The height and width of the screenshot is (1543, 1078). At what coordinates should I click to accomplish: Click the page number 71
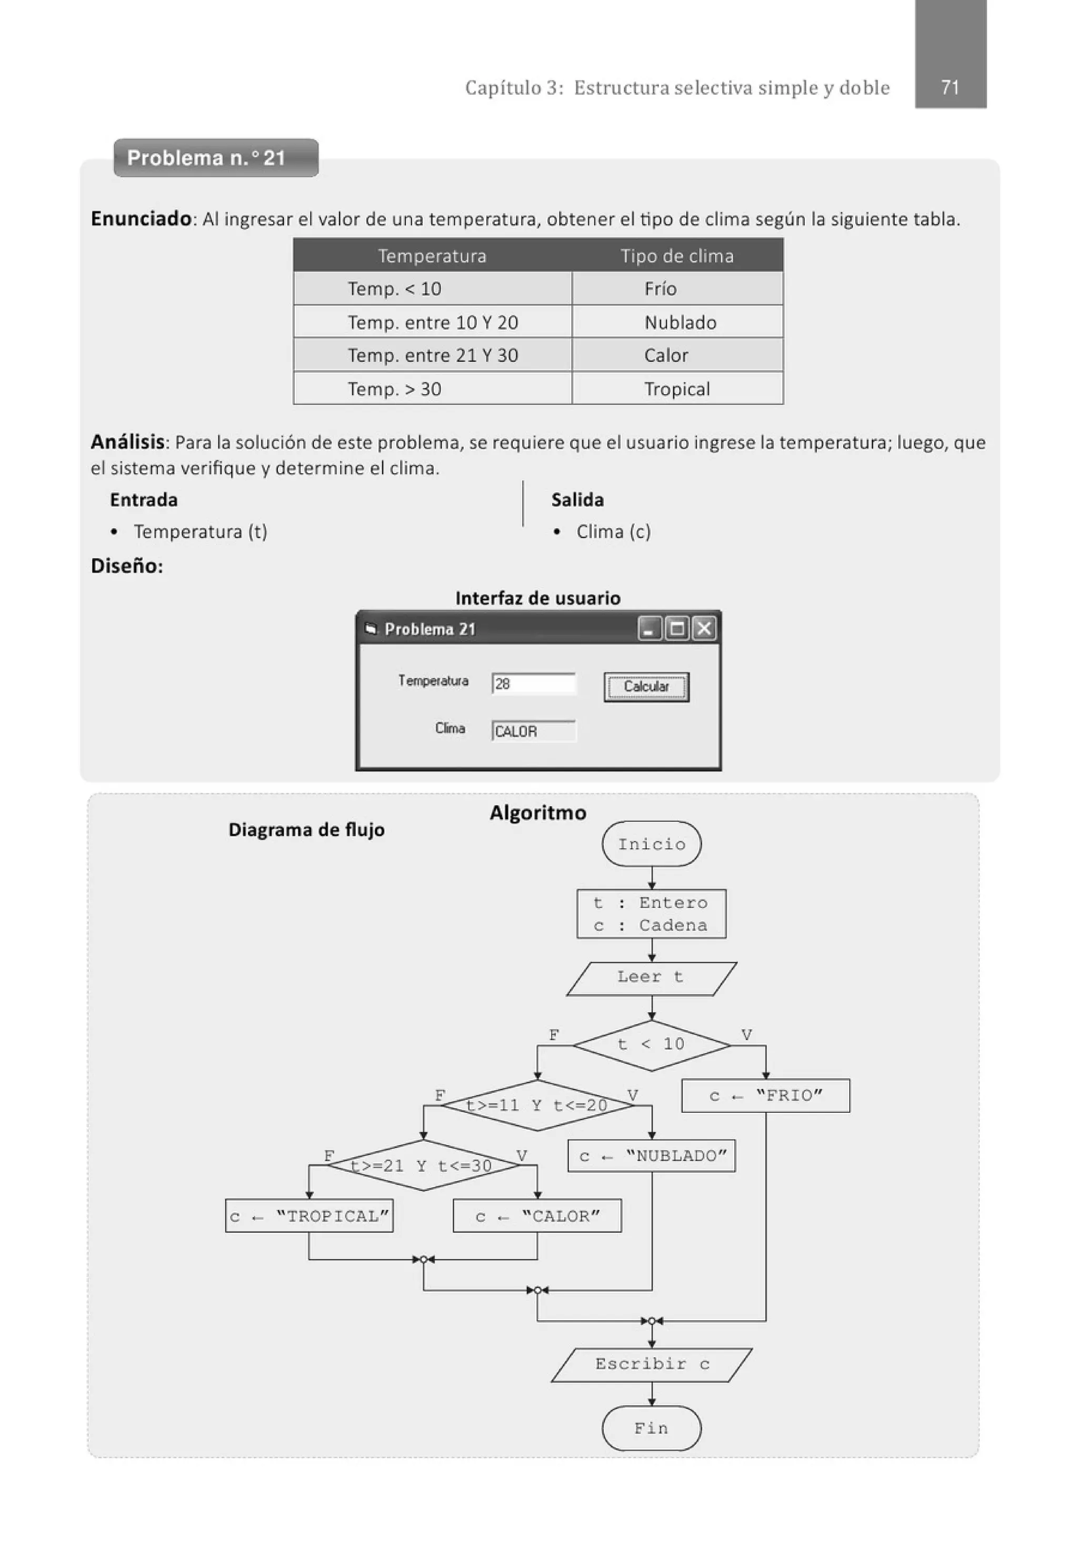pos(949,87)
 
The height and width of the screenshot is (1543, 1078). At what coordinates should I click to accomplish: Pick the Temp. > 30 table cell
pos(432,389)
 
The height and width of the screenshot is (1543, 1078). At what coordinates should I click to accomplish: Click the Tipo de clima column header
pos(676,255)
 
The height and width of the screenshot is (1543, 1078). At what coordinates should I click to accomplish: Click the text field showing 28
pos(534,683)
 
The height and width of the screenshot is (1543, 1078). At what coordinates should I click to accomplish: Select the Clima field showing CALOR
pos(534,731)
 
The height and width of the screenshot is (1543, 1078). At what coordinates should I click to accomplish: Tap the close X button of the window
pos(704,629)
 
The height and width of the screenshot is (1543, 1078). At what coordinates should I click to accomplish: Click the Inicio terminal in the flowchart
pos(651,844)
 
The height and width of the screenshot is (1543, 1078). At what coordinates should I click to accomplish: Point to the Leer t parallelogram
pos(651,977)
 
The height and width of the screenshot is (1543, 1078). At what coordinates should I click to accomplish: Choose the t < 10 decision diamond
pos(651,1044)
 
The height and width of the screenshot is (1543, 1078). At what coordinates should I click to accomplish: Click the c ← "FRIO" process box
pos(765,1096)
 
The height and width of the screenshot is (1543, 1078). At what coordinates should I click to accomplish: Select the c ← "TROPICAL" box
pos(309,1217)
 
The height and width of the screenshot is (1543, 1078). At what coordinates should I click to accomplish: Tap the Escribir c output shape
pos(651,1364)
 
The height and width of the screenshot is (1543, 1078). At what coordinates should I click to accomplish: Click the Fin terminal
pos(651,1428)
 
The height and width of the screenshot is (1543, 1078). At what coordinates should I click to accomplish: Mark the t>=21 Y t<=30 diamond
pos(423,1166)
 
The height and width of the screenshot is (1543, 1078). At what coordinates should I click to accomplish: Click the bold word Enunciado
pos(141,219)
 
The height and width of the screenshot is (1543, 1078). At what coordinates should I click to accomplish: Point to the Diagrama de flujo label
pos(306,830)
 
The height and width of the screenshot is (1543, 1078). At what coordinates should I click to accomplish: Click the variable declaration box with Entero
pos(651,914)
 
